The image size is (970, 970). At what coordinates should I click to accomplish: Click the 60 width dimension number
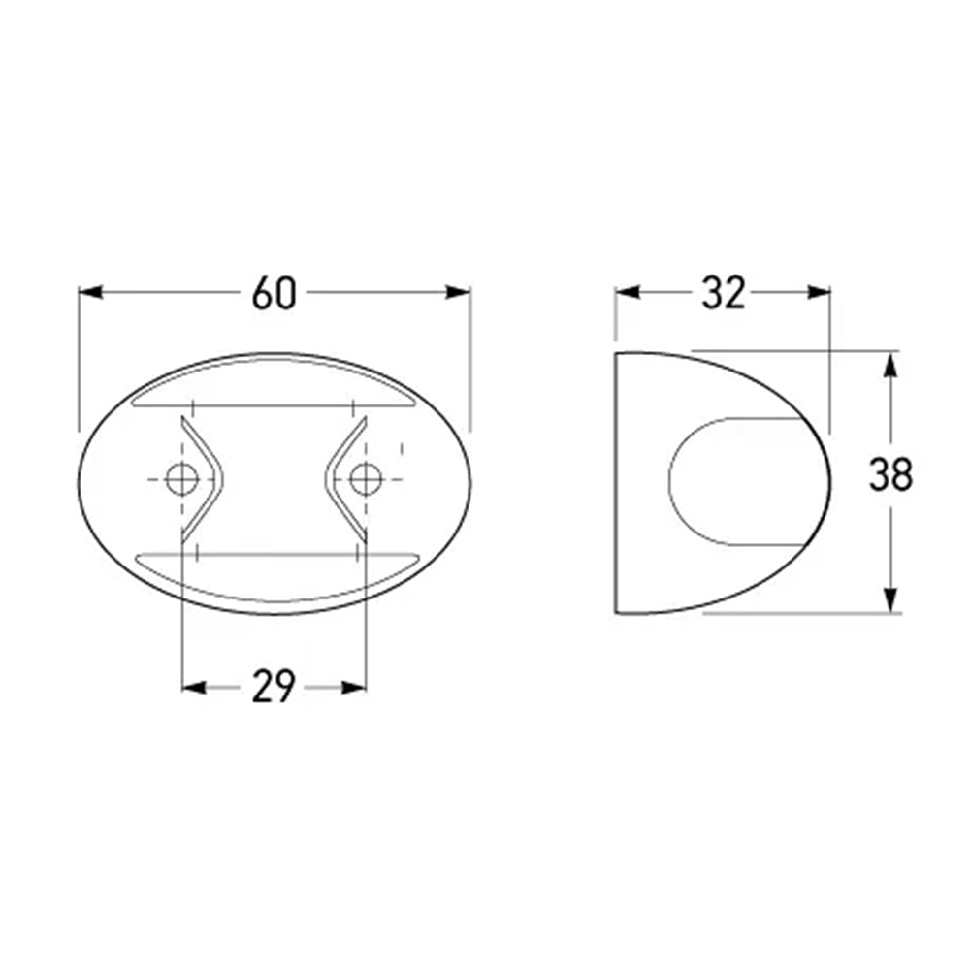coord(275,293)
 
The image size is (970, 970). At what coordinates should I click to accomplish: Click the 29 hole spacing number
coord(275,687)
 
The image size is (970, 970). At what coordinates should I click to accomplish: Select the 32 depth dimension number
coord(724,293)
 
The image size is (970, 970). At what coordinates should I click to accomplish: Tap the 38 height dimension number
coord(890,474)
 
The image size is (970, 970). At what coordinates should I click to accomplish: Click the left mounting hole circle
coord(182,479)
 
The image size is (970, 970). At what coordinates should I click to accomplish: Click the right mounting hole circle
coord(365,479)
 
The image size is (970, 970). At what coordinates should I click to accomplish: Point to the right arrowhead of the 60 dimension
coord(458,292)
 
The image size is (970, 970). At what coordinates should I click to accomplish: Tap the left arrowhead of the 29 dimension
coord(194,688)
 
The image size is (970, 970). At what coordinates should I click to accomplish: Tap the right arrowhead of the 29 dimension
coord(354,688)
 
